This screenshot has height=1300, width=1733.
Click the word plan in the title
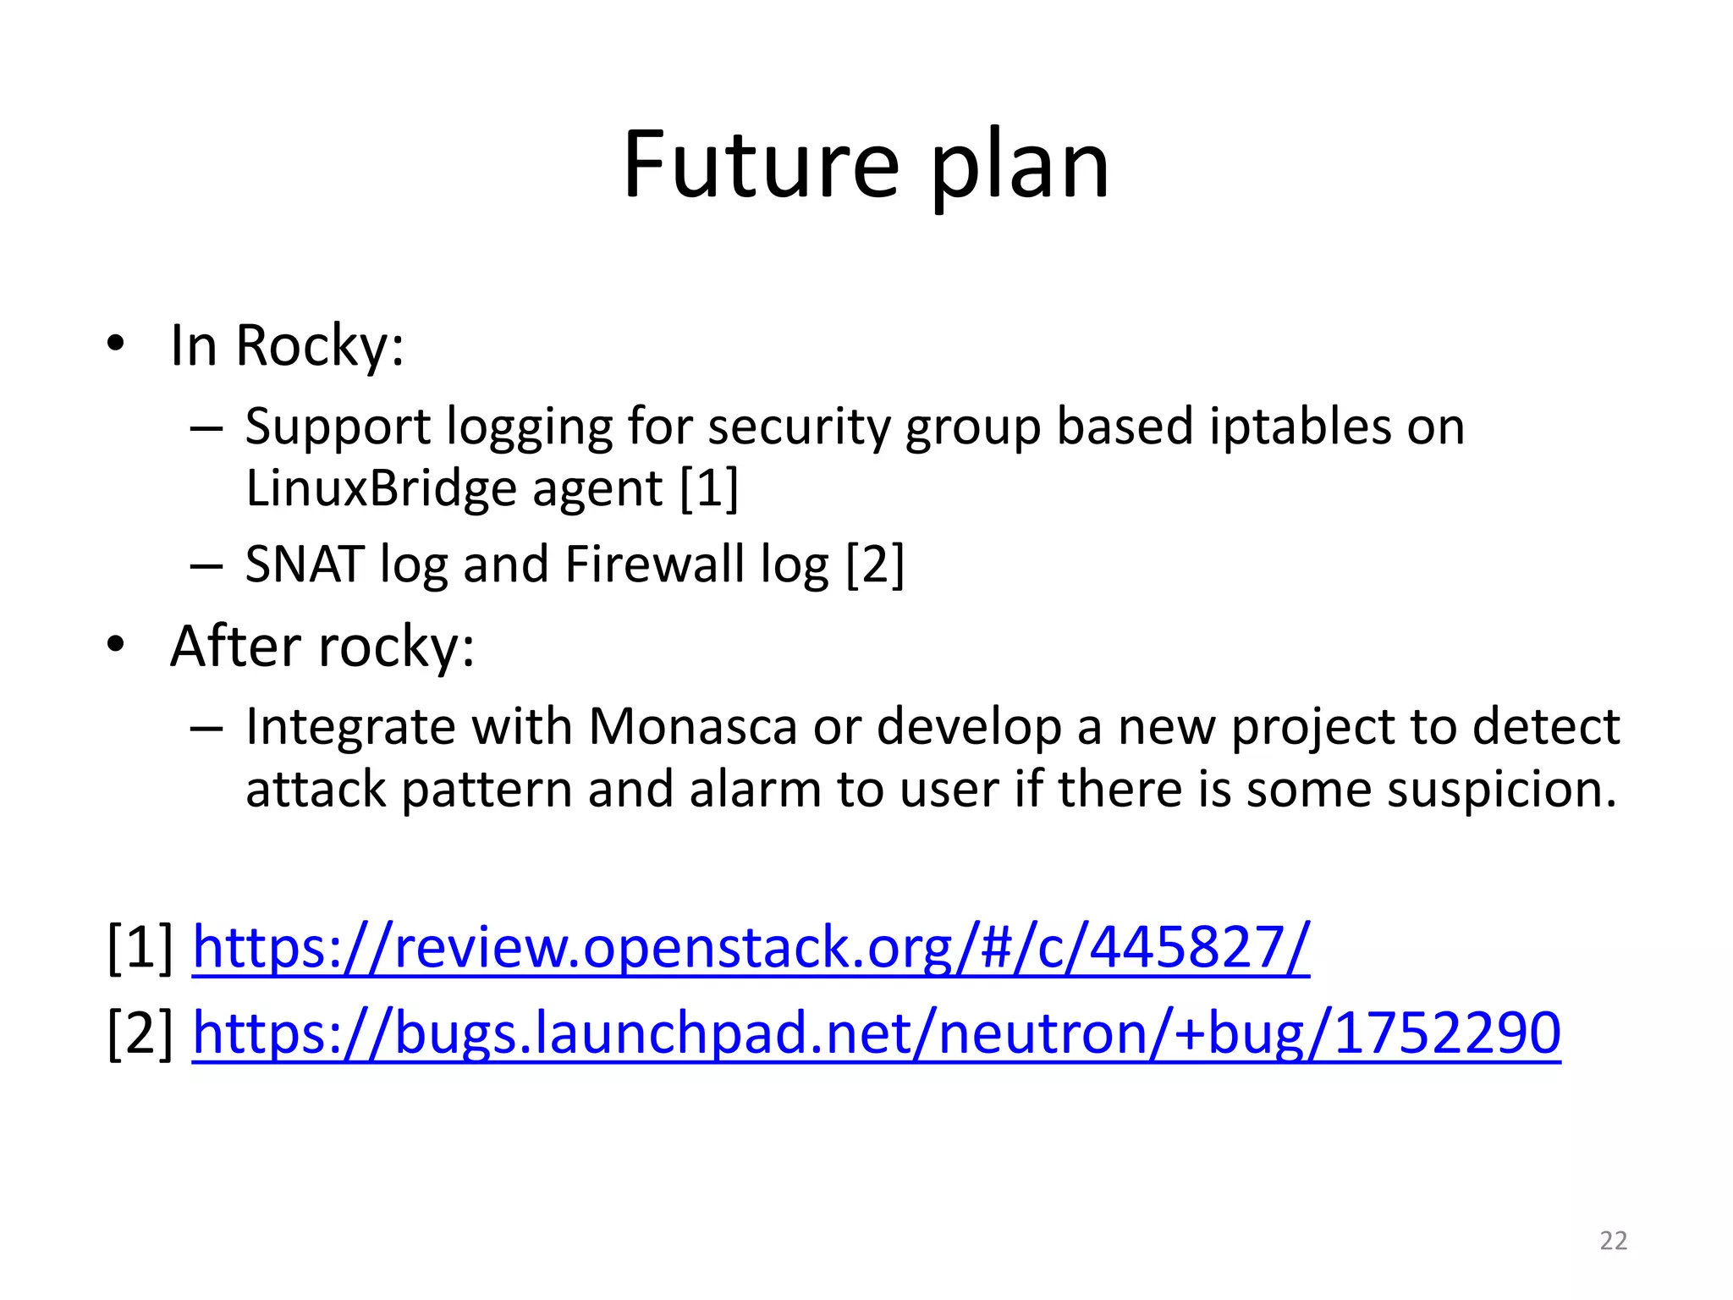point(1020,165)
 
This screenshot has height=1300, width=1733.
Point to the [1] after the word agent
point(709,488)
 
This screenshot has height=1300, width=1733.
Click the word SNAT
point(305,565)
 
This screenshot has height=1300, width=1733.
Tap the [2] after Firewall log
point(875,565)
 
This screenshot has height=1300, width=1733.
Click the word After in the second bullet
point(235,647)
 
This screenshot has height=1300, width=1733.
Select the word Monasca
point(692,727)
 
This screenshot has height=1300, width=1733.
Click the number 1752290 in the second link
point(1446,1033)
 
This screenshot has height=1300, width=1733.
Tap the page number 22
point(1613,1241)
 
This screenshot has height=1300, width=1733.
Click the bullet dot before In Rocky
point(116,345)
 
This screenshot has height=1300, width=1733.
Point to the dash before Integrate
point(206,728)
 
